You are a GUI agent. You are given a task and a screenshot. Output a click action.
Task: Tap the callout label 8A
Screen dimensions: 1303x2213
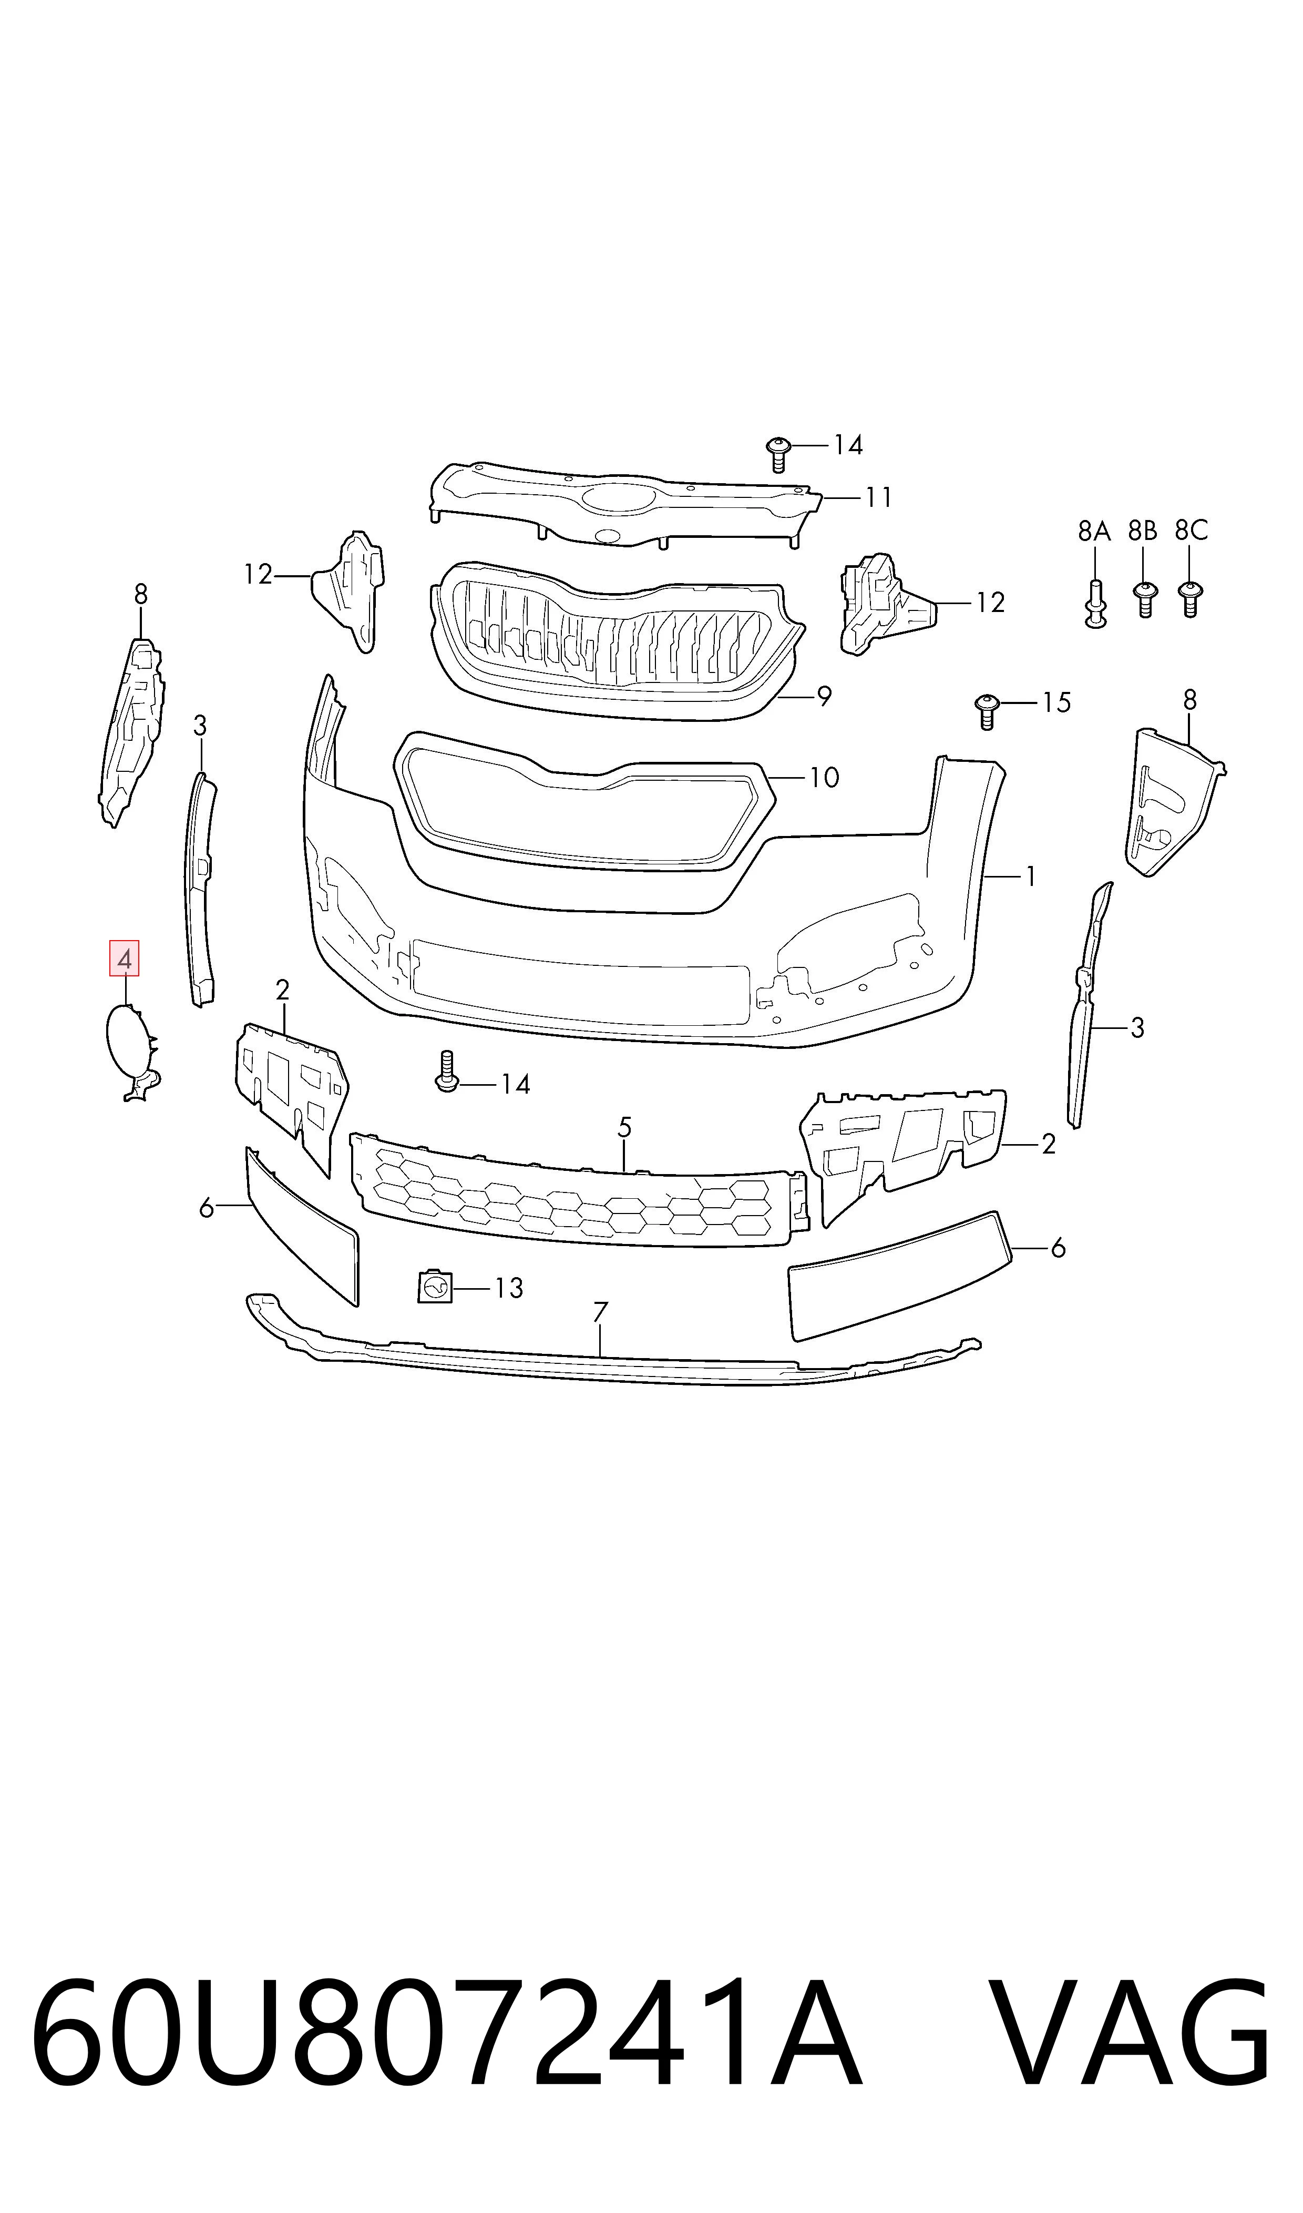pyautogui.click(x=1094, y=531)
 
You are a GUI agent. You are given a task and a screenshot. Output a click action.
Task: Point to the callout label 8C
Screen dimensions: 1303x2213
pyautogui.click(x=1192, y=531)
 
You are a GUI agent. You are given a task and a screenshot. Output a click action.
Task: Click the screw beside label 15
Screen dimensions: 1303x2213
pyautogui.click(x=987, y=711)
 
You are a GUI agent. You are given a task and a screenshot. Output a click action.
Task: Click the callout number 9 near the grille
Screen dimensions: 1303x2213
pyautogui.click(x=824, y=696)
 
